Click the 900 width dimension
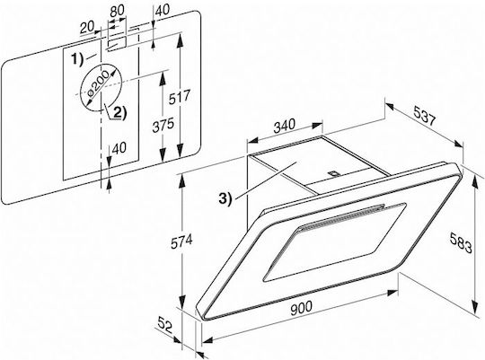point(302,308)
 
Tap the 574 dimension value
point(181,241)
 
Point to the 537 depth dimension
point(424,115)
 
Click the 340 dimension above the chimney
point(284,126)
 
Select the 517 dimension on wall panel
point(179,98)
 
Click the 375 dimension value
point(163,125)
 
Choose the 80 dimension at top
point(118,11)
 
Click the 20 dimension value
point(87,28)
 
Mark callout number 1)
point(77,59)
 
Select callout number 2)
point(120,113)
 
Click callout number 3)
point(225,198)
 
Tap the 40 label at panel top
point(163,10)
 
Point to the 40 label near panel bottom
point(119,148)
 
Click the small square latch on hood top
point(333,174)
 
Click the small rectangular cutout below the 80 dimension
point(116,44)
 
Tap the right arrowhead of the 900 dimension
point(392,293)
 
